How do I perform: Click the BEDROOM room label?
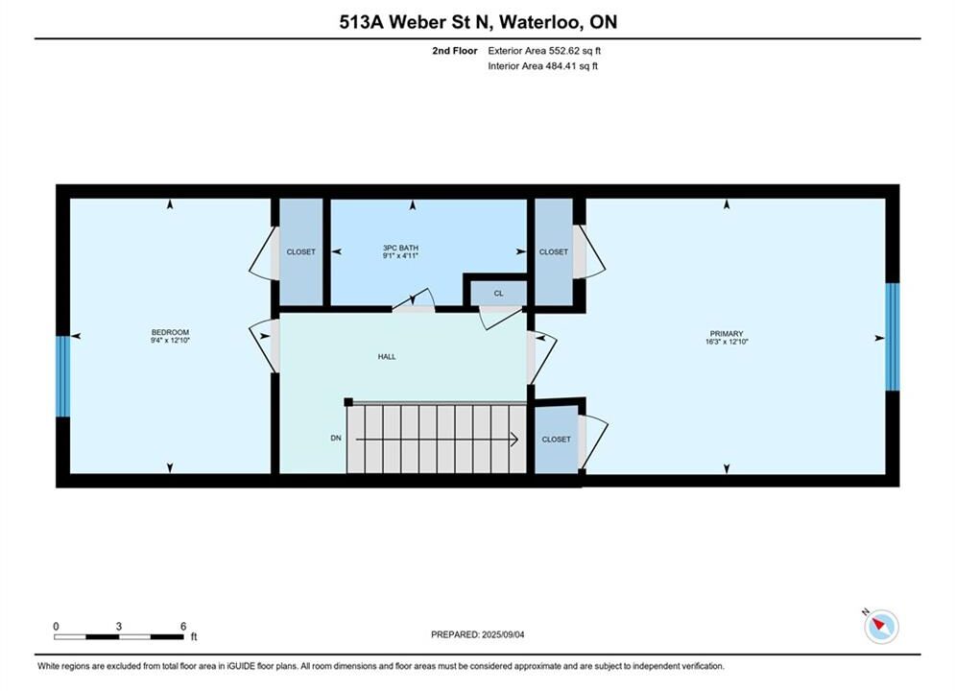tap(170, 332)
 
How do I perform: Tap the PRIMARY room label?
tap(727, 334)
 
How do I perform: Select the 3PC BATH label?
tap(401, 248)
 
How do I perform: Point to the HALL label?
tap(387, 357)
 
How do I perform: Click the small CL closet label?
tap(499, 294)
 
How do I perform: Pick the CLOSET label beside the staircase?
tap(556, 439)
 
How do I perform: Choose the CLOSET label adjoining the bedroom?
tap(300, 251)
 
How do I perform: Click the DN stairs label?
tap(336, 438)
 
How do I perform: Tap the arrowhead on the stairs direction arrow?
tap(514, 439)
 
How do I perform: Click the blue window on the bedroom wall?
tap(62, 376)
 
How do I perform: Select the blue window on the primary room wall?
tap(893, 337)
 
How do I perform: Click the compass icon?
tap(881, 625)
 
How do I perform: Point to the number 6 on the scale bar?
tap(183, 626)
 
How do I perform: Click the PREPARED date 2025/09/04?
tap(503, 634)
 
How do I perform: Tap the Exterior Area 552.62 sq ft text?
tap(544, 51)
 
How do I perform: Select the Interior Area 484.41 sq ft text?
tap(542, 66)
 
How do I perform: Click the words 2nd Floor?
tap(455, 51)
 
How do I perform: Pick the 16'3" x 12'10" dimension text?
tap(727, 343)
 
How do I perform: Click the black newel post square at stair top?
tap(348, 402)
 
